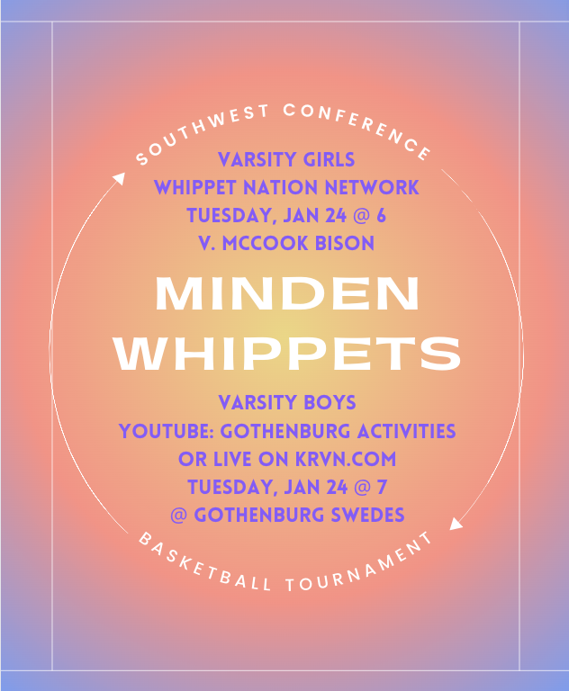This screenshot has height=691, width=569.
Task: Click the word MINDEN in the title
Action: tap(286, 293)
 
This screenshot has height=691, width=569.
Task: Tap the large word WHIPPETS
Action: tap(287, 353)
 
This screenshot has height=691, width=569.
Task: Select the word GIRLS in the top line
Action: tap(329, 159)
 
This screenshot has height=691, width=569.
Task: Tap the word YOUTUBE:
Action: tap(167, 431)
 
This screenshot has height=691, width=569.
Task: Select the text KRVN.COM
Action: tap(346, 459)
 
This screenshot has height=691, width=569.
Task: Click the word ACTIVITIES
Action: tap(406, 431)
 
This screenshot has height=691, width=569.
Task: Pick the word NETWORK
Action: tap(372, 188)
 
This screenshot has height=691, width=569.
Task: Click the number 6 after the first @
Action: tap(381, 216)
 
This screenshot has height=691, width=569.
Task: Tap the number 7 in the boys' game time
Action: tap(382, 487)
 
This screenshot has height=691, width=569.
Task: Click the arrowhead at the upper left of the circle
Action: tap(119, 178)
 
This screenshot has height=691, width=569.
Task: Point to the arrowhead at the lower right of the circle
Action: tap(456, 524)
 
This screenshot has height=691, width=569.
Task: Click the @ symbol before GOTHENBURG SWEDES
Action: tap(178, 516)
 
